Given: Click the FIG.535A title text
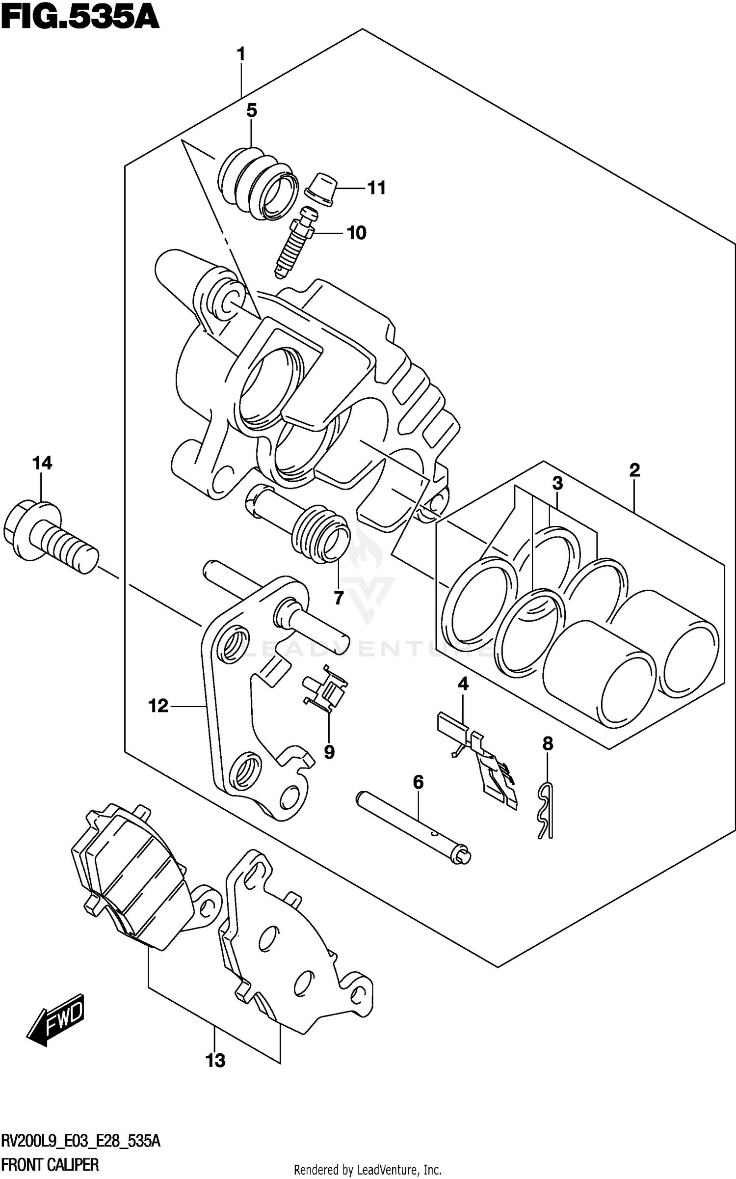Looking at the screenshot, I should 80,18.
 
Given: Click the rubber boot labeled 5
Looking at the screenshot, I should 258,183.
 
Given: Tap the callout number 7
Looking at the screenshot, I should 339,598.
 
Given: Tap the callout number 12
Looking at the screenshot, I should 158,706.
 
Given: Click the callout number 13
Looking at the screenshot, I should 215,1060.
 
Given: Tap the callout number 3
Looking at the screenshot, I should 557,484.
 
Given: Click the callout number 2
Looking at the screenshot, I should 634,470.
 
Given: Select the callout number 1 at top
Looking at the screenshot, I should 240,54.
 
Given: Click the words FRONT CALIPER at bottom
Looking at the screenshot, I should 50,1164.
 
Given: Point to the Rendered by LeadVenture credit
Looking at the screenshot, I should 368,1170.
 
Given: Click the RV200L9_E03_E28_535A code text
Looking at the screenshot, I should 81,1141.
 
